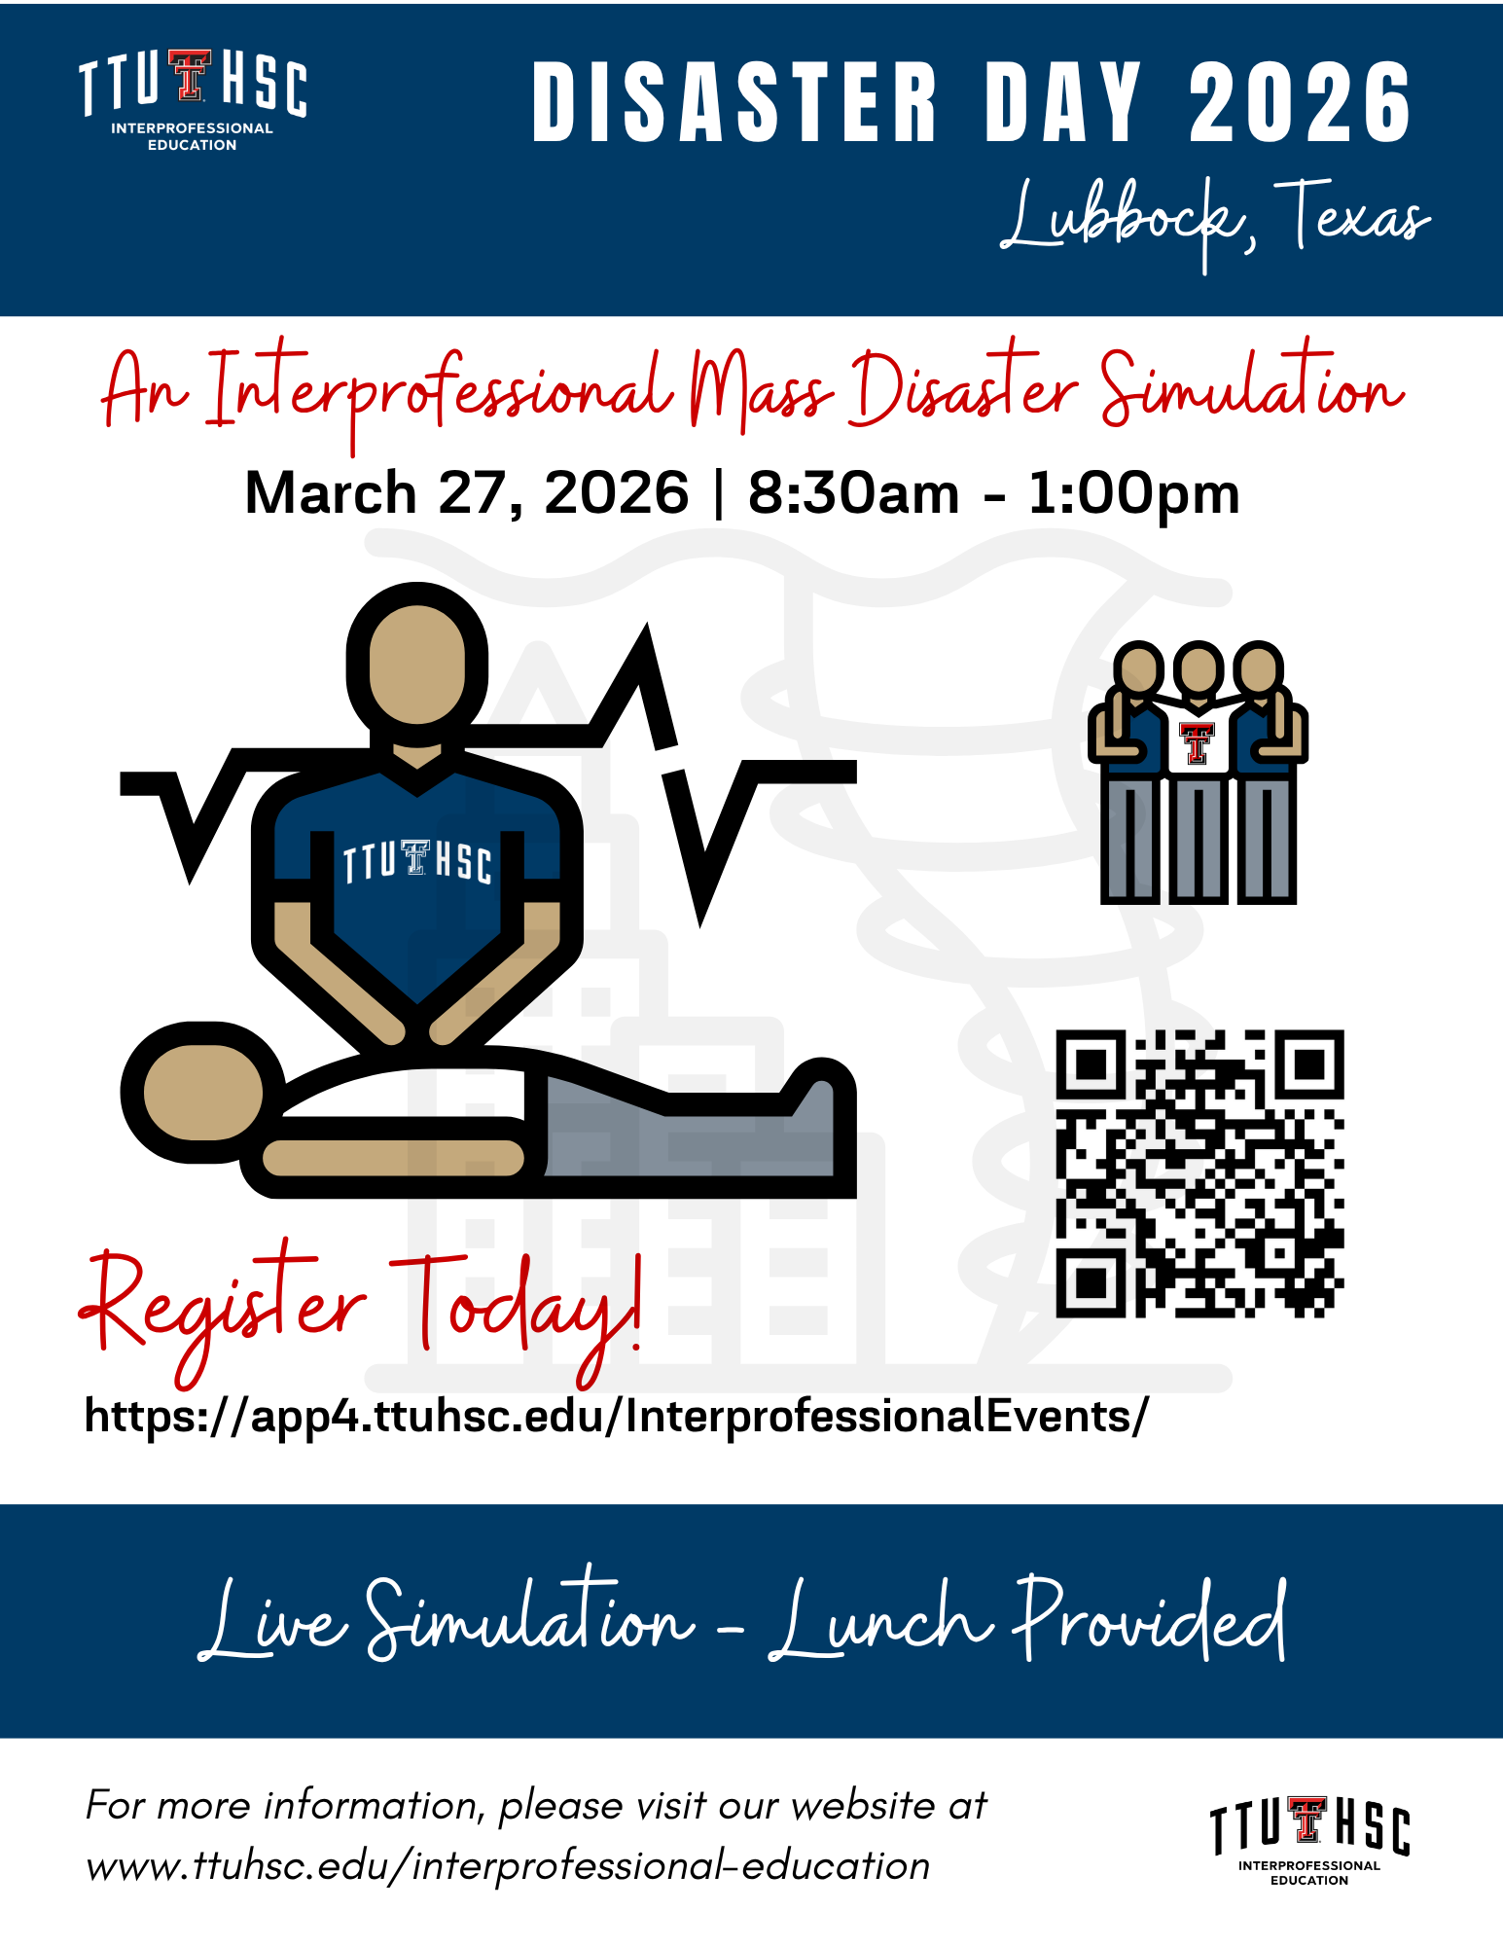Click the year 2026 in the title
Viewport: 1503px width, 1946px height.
1300,102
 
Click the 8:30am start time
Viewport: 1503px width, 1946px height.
853,492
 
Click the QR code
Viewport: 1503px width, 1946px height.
1199,1173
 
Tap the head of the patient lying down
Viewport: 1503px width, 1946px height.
203,1092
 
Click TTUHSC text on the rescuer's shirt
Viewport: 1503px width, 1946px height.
417,861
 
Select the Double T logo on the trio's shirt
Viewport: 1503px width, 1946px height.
1198,742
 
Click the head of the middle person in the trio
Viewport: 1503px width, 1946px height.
1199,670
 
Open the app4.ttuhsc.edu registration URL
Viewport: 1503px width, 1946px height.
617,1416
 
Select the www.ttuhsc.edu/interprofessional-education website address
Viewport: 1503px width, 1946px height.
508,1866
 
